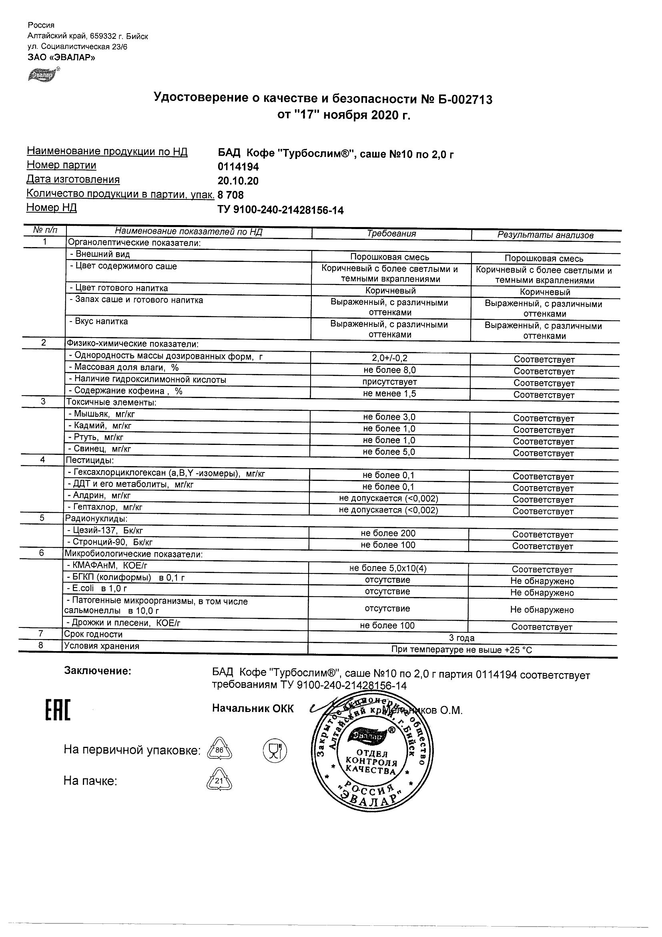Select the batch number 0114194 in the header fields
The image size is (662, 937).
[x=238, y=167]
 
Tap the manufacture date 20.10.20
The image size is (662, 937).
[x=238, y=181]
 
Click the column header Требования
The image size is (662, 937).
[x=391, y=234]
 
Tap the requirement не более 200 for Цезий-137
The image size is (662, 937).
[x=388, y=533]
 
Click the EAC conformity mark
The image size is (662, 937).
[x=58, y=710]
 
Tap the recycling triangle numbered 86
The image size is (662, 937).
[x=219, y=750]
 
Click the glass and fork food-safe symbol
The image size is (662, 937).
[x=275, y=750]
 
